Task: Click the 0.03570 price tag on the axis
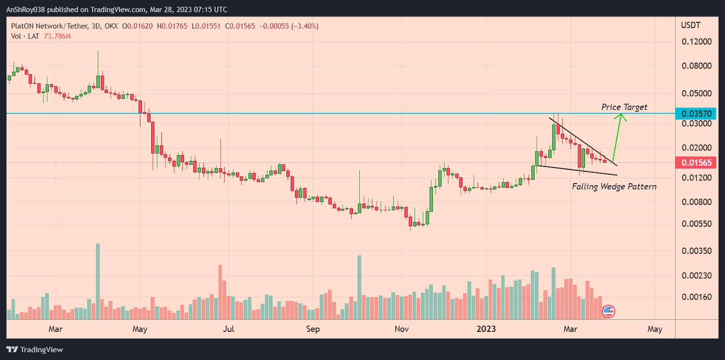pyautogui.click(x=696, y=113)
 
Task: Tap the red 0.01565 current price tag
pyautogui.click(x=696, y=163)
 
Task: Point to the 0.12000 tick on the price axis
pyautogui.click(x=696, y=42)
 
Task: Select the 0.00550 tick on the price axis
pyautogui.click(x=696, y=224)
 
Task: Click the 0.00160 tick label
pyautogui.click(x=696, y=297)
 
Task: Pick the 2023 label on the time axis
pyautogui.click(x=486, y=329)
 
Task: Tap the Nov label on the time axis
pyautogui.click(x=401, y=329)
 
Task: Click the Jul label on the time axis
pyautogui.click(x=228, y=329)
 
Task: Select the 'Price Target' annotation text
pyautogui.click(x=624, y=107)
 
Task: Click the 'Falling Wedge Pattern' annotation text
pyautogui.click(x=614, y=186)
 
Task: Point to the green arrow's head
pyautogui.click(x=621, y=116)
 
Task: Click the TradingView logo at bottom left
pyautogui.click(x=35, y=350)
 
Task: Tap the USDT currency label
pyautogui.click(x=691, y=25)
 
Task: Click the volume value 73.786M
pyautogui.click(x=57, y=36)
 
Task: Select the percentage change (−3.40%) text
pyautogui.click(x=305, y=26)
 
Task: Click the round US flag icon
pyautogui.click(x=608, y=311)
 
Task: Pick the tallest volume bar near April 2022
pyautogui.click(x=97, y=281)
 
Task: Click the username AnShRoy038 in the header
pyautogui.click(x=25, y=10)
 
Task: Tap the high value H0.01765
pyautogui.click(x=172, y=26)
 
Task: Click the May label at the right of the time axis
pyautogui.click(x=655, y=329)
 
